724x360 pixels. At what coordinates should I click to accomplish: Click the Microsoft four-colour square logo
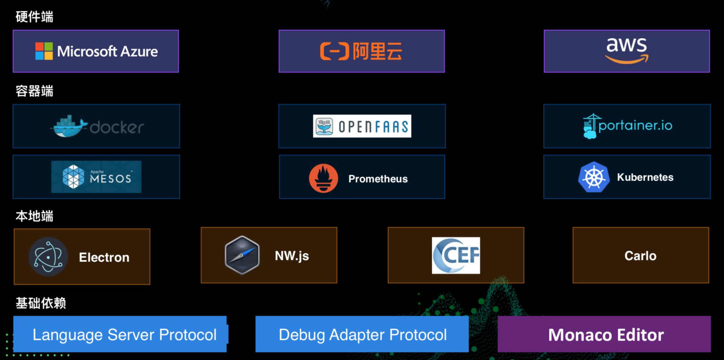click(44, 51)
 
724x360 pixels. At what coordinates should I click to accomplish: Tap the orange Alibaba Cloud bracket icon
click(334, 51)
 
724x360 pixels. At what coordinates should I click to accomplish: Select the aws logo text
click(626, 46)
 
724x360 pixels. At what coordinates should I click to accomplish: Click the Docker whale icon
click(69, 127)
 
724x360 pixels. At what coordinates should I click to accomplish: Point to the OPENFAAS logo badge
click(362, 126)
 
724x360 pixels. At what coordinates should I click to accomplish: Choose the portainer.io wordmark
click(635, 126)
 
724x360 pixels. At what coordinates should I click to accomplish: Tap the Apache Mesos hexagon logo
click(73, 176)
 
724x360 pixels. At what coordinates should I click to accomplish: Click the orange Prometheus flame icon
click(324, 178)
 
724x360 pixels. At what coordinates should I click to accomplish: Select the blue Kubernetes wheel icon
click(594, 177)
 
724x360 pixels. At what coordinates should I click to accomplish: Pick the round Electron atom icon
click(48, 257)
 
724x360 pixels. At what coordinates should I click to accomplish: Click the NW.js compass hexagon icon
click(242, 255)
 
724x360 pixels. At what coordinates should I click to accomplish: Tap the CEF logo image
click(456, 255)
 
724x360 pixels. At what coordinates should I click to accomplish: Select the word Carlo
click(640, 256)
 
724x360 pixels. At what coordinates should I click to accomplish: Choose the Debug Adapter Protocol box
click(362, 334)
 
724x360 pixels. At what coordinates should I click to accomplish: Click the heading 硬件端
click(34, 17)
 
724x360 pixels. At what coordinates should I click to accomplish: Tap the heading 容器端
click(34, 91)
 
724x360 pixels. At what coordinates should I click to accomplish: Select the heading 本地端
click(34, 216)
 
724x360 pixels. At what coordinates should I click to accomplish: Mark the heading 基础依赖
click(41, 303)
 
